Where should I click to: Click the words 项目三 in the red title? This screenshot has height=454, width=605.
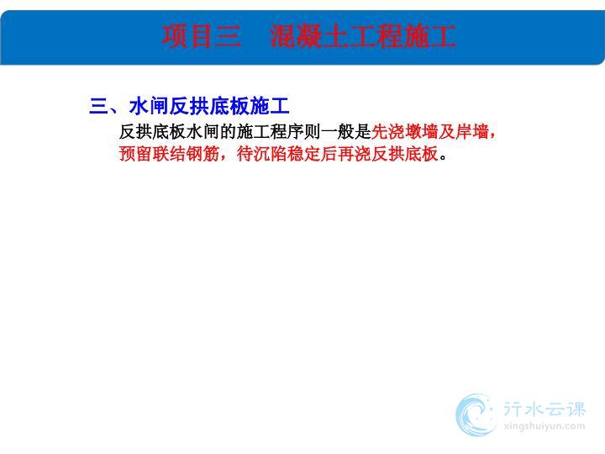coord(202,36)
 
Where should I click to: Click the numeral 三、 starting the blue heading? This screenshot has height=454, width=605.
coord(104,106)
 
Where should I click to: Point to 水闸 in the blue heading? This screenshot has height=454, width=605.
coord(149,106)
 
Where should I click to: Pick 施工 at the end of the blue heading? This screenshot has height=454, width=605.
coord(270,106)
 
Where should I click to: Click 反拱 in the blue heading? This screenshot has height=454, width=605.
coord(189,106)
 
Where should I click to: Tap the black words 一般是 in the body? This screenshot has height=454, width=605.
coord(345,132)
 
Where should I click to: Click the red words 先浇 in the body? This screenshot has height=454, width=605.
coord(387,132)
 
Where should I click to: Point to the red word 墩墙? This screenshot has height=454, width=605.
coord(421,132)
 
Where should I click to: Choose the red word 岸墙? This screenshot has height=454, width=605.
coord(472,132)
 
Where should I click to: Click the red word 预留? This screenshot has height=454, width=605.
coord(136,154)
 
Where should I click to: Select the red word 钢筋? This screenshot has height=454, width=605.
coord(203,154)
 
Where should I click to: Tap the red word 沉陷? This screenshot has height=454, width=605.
coord(271,154)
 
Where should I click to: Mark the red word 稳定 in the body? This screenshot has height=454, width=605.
coord(304,154)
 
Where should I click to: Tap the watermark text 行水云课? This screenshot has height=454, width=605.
coord(544,409)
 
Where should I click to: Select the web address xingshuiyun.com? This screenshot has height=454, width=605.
coord(544,426)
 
